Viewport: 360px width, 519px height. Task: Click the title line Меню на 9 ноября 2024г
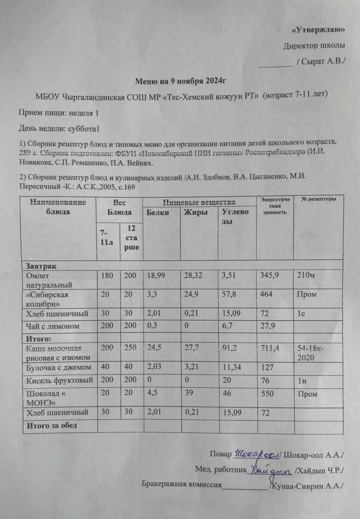point(179,81)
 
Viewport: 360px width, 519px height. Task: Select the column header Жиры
point(196,212)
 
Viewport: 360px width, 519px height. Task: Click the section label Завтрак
point(40,266)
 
